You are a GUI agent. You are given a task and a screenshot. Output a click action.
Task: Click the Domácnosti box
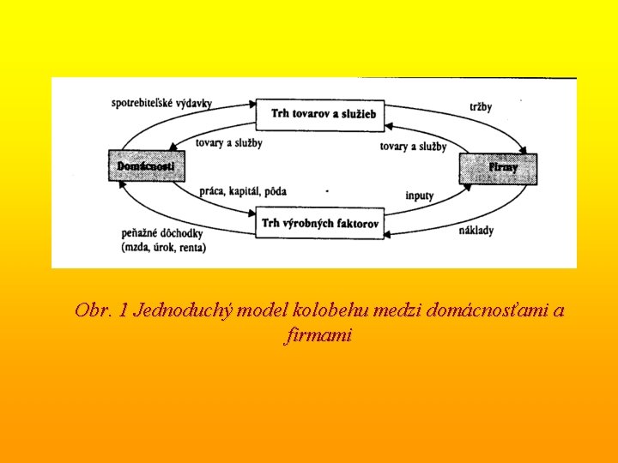click(146, 165)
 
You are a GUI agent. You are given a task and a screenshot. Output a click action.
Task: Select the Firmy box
click(501, 168)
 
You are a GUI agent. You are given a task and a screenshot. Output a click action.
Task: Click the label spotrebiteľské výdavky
click(161, 103)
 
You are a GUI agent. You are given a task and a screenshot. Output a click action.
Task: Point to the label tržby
click(481, 106)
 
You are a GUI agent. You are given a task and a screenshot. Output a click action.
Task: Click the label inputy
click(420, 195)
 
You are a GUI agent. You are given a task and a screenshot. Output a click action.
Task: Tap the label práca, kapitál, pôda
click(243, 190)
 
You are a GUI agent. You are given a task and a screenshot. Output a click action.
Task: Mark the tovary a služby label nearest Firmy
click(413, 147)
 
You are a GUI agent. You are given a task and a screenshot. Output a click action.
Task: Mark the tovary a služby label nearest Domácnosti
click(228, 142)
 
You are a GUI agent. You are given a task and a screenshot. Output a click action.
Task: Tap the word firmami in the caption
click(318, 336)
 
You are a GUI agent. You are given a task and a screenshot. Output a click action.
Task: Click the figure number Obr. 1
click(101, 310)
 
